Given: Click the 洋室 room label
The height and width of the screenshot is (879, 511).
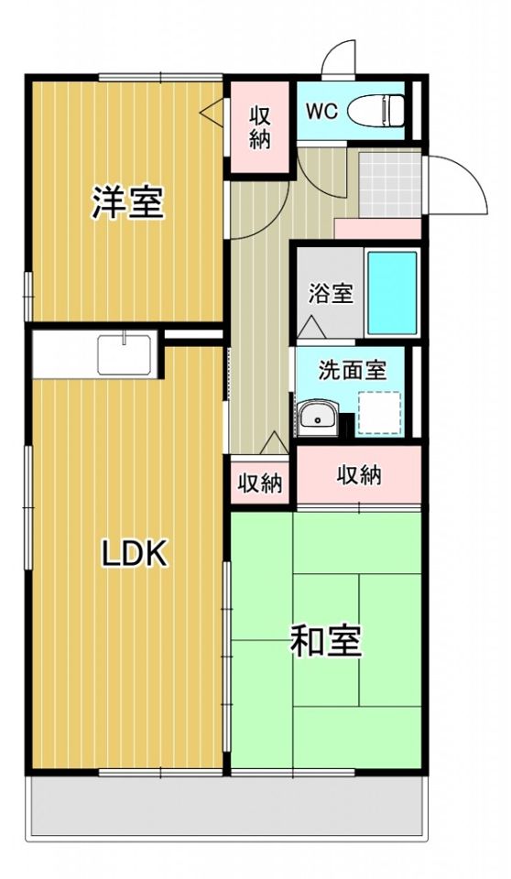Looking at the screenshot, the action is click(128, 202).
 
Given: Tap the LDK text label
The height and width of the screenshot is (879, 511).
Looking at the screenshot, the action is click(134, 555).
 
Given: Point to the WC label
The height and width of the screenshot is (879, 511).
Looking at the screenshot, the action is click(321, 111).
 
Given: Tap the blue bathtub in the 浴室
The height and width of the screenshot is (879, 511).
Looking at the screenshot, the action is click(393, 294).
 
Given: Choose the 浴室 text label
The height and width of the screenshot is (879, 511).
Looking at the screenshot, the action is click(331, 293).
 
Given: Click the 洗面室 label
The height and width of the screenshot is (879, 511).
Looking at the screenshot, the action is click(353, 371).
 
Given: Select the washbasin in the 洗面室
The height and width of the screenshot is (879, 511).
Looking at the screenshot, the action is click(318, 418).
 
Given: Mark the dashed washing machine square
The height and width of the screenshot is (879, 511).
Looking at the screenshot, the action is click(380, 413).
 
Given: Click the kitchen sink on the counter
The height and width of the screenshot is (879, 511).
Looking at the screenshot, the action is click(125, 354).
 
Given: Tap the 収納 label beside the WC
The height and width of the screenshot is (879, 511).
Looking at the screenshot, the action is click(260, 128).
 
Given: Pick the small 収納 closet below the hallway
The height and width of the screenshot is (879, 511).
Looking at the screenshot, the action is click(260, 483).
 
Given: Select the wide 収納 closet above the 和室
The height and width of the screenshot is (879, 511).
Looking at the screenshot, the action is click(359, 475).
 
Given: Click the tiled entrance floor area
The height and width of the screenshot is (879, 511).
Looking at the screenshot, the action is click(390, 183).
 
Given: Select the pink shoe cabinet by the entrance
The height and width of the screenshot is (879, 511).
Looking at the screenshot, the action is click(378, 229).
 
